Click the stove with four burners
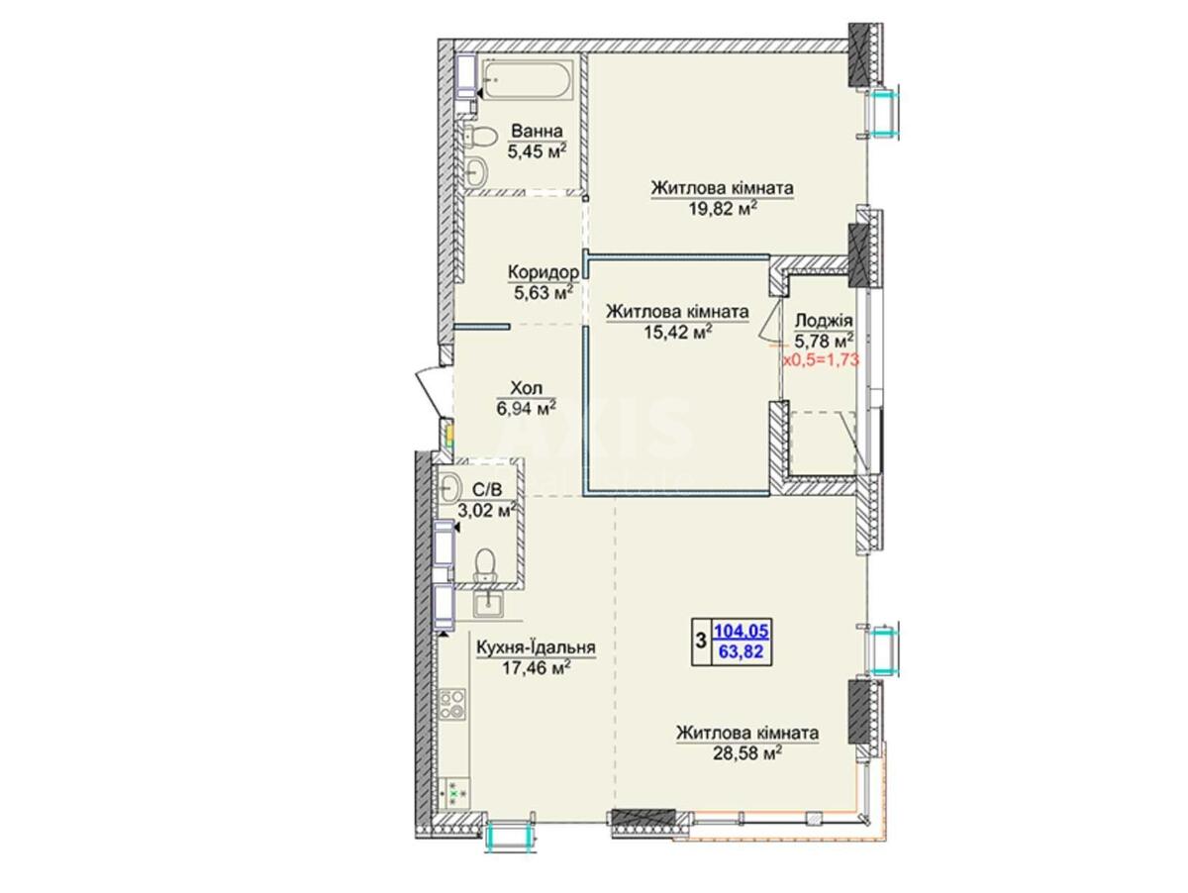click(x=451, y=703)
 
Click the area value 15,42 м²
click(x=677, y=332)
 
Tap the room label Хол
click(x=527, y=389)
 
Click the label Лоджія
click(x=824, y=322)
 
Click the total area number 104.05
click(x=741, y=631)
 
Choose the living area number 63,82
click(x=741, y=651)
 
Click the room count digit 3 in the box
click(x=701, y=642)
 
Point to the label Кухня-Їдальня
click(x=536, y=647)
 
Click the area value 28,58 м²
click(x=747, y=752)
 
